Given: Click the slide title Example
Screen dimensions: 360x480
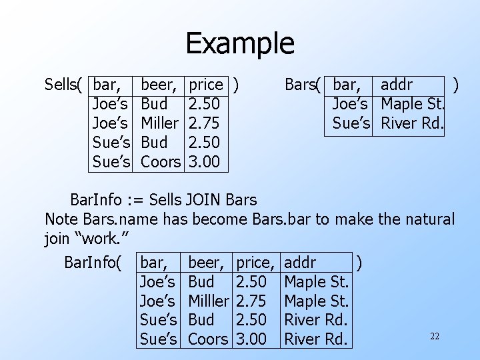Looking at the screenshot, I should pyautogui.click(x=239, y=43).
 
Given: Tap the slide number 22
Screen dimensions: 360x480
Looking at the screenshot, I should pyautogui.click(x=434, y=336).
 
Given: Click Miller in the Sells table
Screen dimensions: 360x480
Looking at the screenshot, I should pyautogui.click(x=160, y=123).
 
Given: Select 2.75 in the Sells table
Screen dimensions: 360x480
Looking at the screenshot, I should pyautogui.click(x=205, y=123).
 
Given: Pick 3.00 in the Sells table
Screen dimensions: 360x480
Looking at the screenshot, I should pyautogui.click(x=205, y=161).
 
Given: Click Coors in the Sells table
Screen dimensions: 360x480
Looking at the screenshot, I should pyautogui.click(x=161, y=161).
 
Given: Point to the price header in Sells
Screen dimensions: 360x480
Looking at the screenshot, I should pyautogui.click(x=206, y=85).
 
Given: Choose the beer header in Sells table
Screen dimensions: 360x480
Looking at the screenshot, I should pyautogui.click(x=160, y=85).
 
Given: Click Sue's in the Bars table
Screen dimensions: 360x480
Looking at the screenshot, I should pyautogui.click(x=351, y=123).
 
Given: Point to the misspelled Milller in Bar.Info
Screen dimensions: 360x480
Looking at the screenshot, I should pyautogui.click(x=209, y=301).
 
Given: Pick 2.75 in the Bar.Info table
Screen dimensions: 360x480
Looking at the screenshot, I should pyautogui.click(x=252, y=301).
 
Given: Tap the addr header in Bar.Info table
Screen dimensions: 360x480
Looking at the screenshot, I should pyautogui.click(x=300, y=262).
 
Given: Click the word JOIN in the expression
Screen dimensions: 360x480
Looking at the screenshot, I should pyautogui.click(x=205, y=199).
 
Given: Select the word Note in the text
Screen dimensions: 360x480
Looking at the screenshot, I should pyautogui.click(x=60, y=219).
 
